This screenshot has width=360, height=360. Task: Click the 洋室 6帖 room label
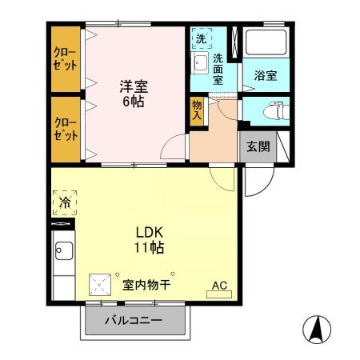[134, 93]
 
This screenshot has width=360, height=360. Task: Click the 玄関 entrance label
[257, 146]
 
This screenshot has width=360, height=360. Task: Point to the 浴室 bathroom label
[266, 76]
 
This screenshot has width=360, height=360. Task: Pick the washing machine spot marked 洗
[201, 38]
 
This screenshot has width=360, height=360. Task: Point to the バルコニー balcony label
[134, 321]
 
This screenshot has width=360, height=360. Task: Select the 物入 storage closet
[197, 110]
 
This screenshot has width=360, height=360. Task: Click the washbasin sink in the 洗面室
[200, 63]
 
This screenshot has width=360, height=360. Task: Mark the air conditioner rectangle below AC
[218, 295]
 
